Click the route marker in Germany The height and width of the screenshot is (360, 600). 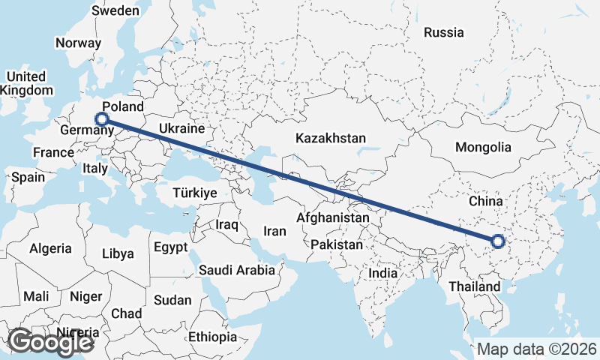pos(102,118)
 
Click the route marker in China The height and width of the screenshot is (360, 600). pos(498,241)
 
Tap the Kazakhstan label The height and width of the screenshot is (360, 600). pos(331,139)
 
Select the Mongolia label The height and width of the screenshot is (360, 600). pos(483,148)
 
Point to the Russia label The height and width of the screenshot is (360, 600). pos(444,32)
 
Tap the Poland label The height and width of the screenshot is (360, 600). pos(122,106)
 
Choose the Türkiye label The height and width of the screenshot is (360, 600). pos(194,193)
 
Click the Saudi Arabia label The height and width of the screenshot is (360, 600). pos(236,270)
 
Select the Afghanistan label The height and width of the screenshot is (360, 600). pos(333,217)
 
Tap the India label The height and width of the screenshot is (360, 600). pos(382,274)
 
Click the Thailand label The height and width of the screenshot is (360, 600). pos(474,287)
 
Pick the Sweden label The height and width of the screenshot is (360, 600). pos(115,10)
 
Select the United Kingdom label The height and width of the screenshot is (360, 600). pos(26,83)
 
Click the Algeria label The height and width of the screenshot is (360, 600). pos(50,248)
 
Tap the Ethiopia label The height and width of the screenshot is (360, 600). pos(212,337)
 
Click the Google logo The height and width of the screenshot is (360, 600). pos(50,342)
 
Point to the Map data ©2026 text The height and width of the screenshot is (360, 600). pos(536,349)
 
